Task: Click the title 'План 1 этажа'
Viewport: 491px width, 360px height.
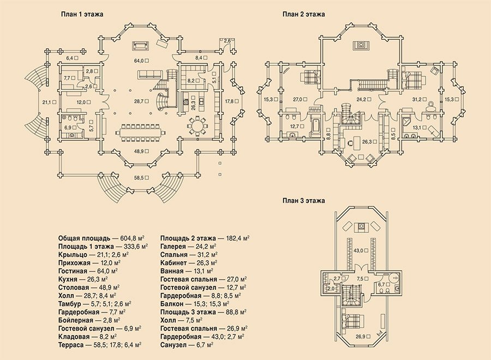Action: [82, 14]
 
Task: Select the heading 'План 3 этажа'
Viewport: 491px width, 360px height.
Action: [303, 201]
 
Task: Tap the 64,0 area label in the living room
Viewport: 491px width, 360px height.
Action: [139, 61]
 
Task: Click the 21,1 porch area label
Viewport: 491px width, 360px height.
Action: [47, 102]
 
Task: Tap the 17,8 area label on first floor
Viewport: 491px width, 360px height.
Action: [230, 101]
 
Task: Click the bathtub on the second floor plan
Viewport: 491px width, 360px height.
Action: [314, 128]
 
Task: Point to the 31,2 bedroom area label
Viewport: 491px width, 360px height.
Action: [416, 99]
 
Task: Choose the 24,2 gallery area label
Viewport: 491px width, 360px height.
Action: [361, 99]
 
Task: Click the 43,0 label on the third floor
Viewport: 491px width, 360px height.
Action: [358, 251]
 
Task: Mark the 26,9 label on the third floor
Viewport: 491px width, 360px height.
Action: [360, 337]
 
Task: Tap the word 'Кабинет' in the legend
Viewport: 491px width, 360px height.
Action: [173, 263]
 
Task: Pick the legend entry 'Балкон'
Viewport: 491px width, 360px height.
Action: [172, 304]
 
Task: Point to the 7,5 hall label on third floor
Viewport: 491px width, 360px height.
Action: [361, 279]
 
